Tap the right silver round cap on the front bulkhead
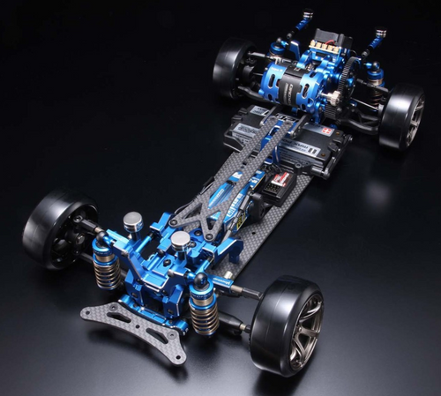(180, 240)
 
